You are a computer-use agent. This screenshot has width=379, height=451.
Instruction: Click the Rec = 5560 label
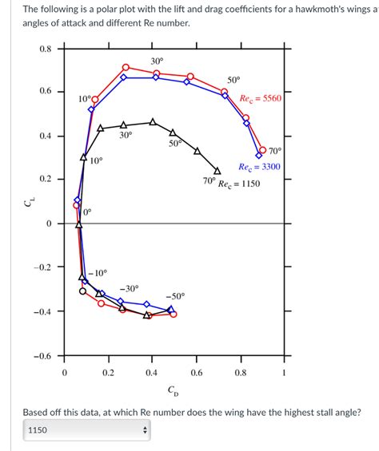coord(260,99)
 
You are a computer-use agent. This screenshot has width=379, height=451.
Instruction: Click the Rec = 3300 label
coord(259,167)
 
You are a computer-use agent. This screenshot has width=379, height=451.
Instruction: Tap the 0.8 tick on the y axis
coord(45,49)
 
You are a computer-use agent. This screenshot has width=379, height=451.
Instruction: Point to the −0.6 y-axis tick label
coord(42,356)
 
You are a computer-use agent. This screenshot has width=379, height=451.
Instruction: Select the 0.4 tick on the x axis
coord(151,373)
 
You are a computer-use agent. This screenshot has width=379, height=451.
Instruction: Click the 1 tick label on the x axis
coord(284,373)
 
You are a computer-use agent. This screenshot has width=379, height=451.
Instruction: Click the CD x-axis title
coord(174,390)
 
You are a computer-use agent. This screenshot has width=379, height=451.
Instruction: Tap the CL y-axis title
coord(29,205)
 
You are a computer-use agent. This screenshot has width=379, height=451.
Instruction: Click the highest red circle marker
coord(126,67)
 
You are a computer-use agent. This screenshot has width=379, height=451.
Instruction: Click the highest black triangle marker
coord(153,122)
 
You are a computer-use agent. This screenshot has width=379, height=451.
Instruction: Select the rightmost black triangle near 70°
coord(217,169)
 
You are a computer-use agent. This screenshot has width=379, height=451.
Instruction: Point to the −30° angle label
coord(129,288)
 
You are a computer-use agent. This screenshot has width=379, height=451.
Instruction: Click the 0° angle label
coord(87,212)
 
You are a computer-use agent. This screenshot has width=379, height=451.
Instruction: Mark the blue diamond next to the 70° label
coord(258,155)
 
